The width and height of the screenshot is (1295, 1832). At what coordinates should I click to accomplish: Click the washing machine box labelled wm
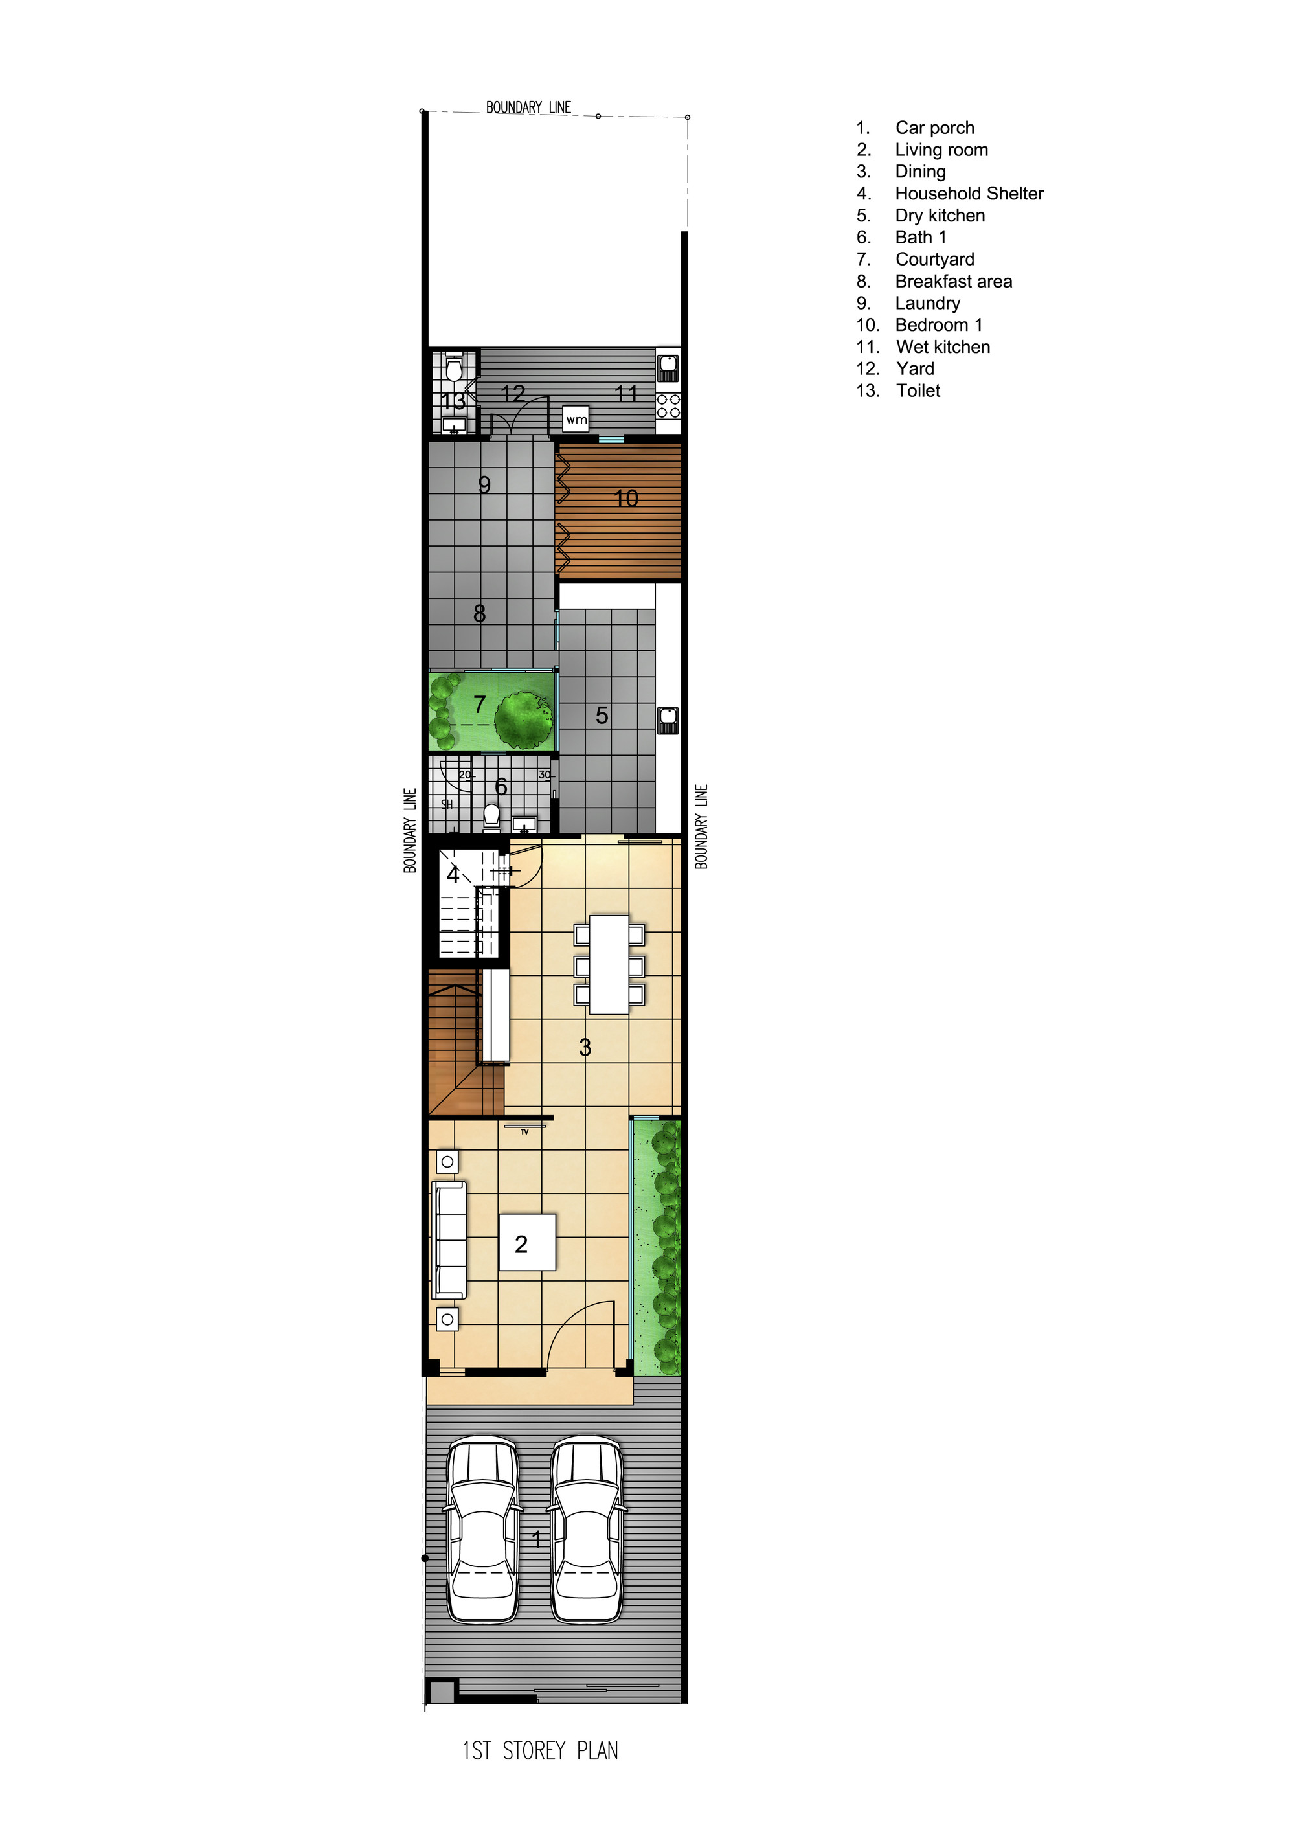pyautogui.click(x=576, y=419)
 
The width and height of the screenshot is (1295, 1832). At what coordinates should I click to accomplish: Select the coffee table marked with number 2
pyautogui.click(x=526, y=1242)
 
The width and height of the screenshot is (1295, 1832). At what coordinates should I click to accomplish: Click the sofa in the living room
pyautogui.click(x=449, y=1240)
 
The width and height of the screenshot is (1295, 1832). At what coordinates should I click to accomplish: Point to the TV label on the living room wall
pyautogui.click(x=525, y=1131)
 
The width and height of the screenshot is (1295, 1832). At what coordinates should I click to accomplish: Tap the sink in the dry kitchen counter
pyautogui.click(x=668, y=719)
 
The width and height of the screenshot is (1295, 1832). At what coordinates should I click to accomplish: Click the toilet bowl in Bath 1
pyautogui.click(x=491, y=815)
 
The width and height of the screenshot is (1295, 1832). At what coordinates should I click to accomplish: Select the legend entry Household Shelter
pyautogui.click(x=969, y=194)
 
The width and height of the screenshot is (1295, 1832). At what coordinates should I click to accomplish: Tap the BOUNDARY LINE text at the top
pyautogui.click(x=528, y=107)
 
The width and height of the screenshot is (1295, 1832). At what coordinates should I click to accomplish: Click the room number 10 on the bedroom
pyautogui.click(x=625, y=499)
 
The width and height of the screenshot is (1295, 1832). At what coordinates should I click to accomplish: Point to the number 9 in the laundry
pyautogui.click(x=484, y=485)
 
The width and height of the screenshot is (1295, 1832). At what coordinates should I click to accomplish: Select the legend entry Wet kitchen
pyautogui.click(x=942, y=347)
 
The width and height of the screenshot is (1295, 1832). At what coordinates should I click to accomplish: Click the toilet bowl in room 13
pyautogui.click(x=454, y=370)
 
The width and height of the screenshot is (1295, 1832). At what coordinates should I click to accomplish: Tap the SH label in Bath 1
pyautogui.click(x=447, y=804)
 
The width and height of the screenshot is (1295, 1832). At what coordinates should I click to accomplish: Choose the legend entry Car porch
pyautogui.click(x=934, y=128)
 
